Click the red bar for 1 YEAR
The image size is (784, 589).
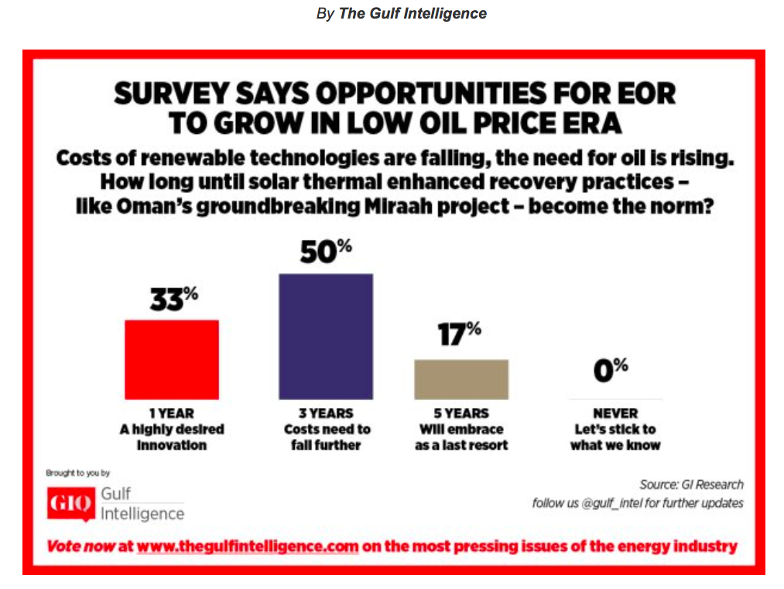point(172,359)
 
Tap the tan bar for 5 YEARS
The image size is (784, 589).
point(461,379)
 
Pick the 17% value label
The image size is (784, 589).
point(460,337)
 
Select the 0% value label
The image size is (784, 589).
point(611,371)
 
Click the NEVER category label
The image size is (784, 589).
point(615,413)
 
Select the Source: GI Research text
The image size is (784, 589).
point(691,485)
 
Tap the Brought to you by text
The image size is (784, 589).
point(78,472)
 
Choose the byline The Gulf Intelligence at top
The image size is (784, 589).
point(413,13)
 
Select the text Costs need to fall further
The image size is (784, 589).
point(327,437)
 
